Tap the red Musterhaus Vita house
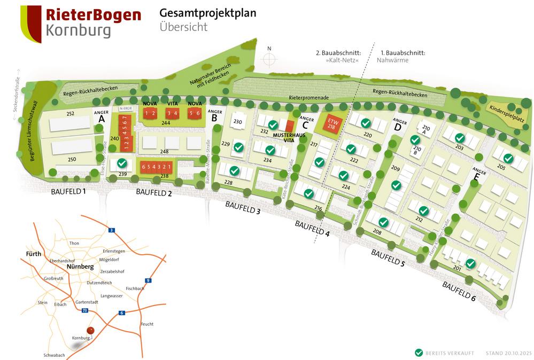click(x=289, y=127)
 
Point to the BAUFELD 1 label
click(x=68, y=191)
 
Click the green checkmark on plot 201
click(x=470, y=263)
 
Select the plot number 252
click(x=70, y=114)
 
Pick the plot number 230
click(x=238, y=122)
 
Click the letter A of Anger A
click(x=102, y=120)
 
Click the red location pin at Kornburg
click(x=90, y=331)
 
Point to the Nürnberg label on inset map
click(x=80, y=265)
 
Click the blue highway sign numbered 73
click(x=84, y=310)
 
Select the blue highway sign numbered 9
click(x=148, y=280)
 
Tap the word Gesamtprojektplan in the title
click(x=207, y=13)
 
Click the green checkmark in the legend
click(x=419, y=353)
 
